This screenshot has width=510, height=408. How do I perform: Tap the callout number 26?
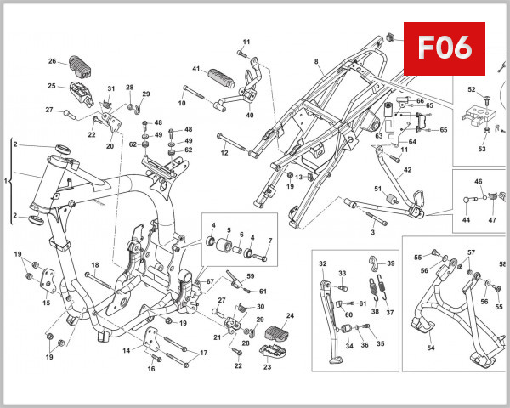(52, 61)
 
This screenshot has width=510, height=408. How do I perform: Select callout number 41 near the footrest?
(195, 68)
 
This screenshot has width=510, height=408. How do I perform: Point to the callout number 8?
(316, 62)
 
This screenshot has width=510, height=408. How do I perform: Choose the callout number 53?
(482, 149)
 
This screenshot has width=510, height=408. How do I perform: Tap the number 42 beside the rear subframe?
(407, 170)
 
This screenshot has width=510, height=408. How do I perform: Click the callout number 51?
(378, 188)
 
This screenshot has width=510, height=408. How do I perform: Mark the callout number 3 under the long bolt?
(371, 231)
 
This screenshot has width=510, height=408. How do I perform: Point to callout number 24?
(289, 315)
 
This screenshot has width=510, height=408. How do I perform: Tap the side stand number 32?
(323, 264)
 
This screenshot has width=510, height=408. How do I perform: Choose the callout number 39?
(392, 264)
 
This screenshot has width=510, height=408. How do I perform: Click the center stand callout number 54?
(429, 348)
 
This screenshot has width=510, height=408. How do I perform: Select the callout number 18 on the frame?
(95, 265)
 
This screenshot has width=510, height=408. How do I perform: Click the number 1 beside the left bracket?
(7, 181)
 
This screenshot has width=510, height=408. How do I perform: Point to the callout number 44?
(466, 219)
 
